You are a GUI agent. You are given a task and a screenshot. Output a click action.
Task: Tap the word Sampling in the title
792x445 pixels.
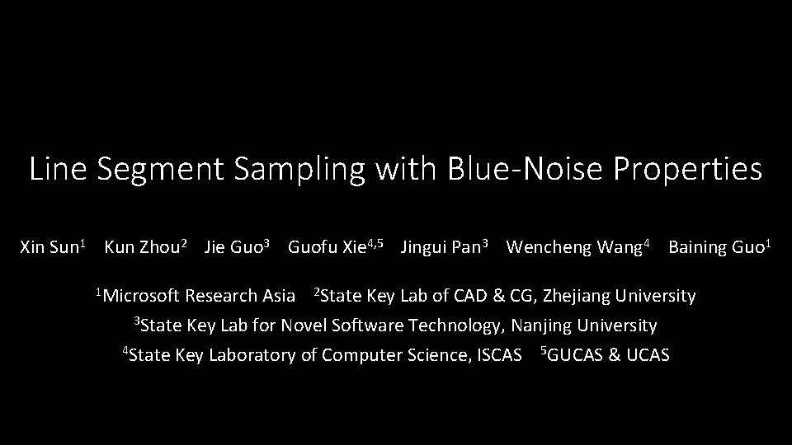pos(299,170)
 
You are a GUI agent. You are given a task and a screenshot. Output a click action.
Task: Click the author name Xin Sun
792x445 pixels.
pos(49,247)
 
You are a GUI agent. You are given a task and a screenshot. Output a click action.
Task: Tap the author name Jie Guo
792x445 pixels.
pos(233,247)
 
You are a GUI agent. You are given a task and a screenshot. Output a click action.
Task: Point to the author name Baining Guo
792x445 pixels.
pos(715,247)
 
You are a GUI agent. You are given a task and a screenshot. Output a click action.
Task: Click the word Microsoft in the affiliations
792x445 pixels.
pos(142,296)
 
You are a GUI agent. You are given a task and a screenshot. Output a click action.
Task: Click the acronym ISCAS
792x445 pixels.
pos(500,355)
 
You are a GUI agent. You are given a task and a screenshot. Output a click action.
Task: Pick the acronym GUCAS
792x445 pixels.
pos(576,355)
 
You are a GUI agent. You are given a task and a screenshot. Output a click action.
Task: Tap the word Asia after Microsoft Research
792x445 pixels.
pos(278,296)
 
